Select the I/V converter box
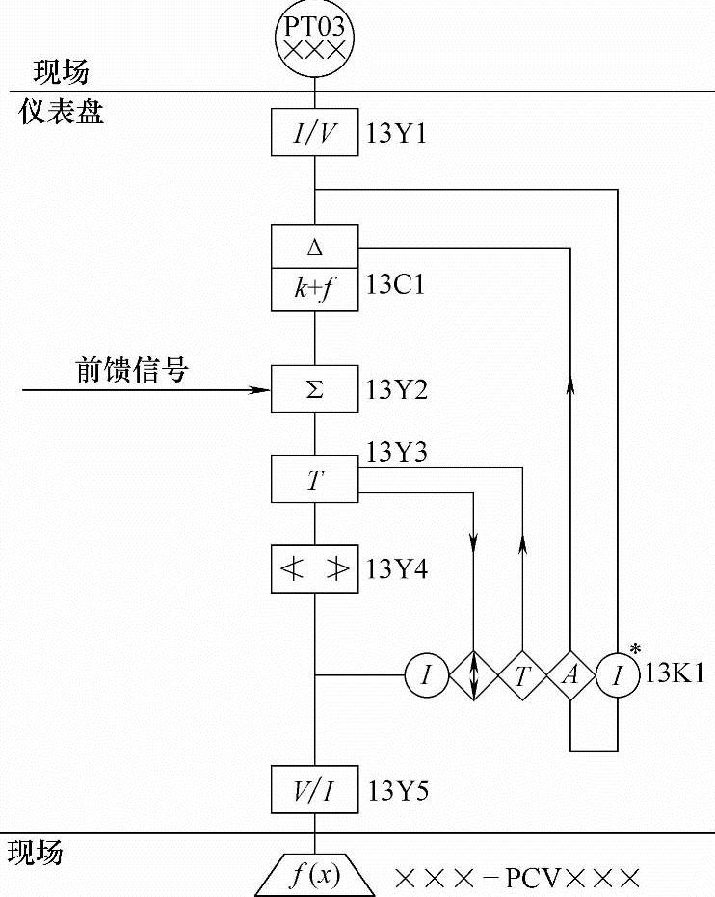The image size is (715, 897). (x=315, y=135)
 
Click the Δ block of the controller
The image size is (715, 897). (x=315, y=247)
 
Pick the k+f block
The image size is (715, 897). (x=315, y=289)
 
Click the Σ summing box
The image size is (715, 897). (x=315, y=390)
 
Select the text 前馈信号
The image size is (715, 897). (x=132, y=371)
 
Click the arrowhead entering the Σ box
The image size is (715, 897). (x=262, y=390)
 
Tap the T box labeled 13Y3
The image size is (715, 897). (x=315, y=480)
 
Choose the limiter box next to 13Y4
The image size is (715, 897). (x=315, y=569)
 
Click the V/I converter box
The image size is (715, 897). (x=315, y=792)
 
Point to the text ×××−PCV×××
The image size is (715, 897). (x=517, y=879)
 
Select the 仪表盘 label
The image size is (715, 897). (x=62, y=114)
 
